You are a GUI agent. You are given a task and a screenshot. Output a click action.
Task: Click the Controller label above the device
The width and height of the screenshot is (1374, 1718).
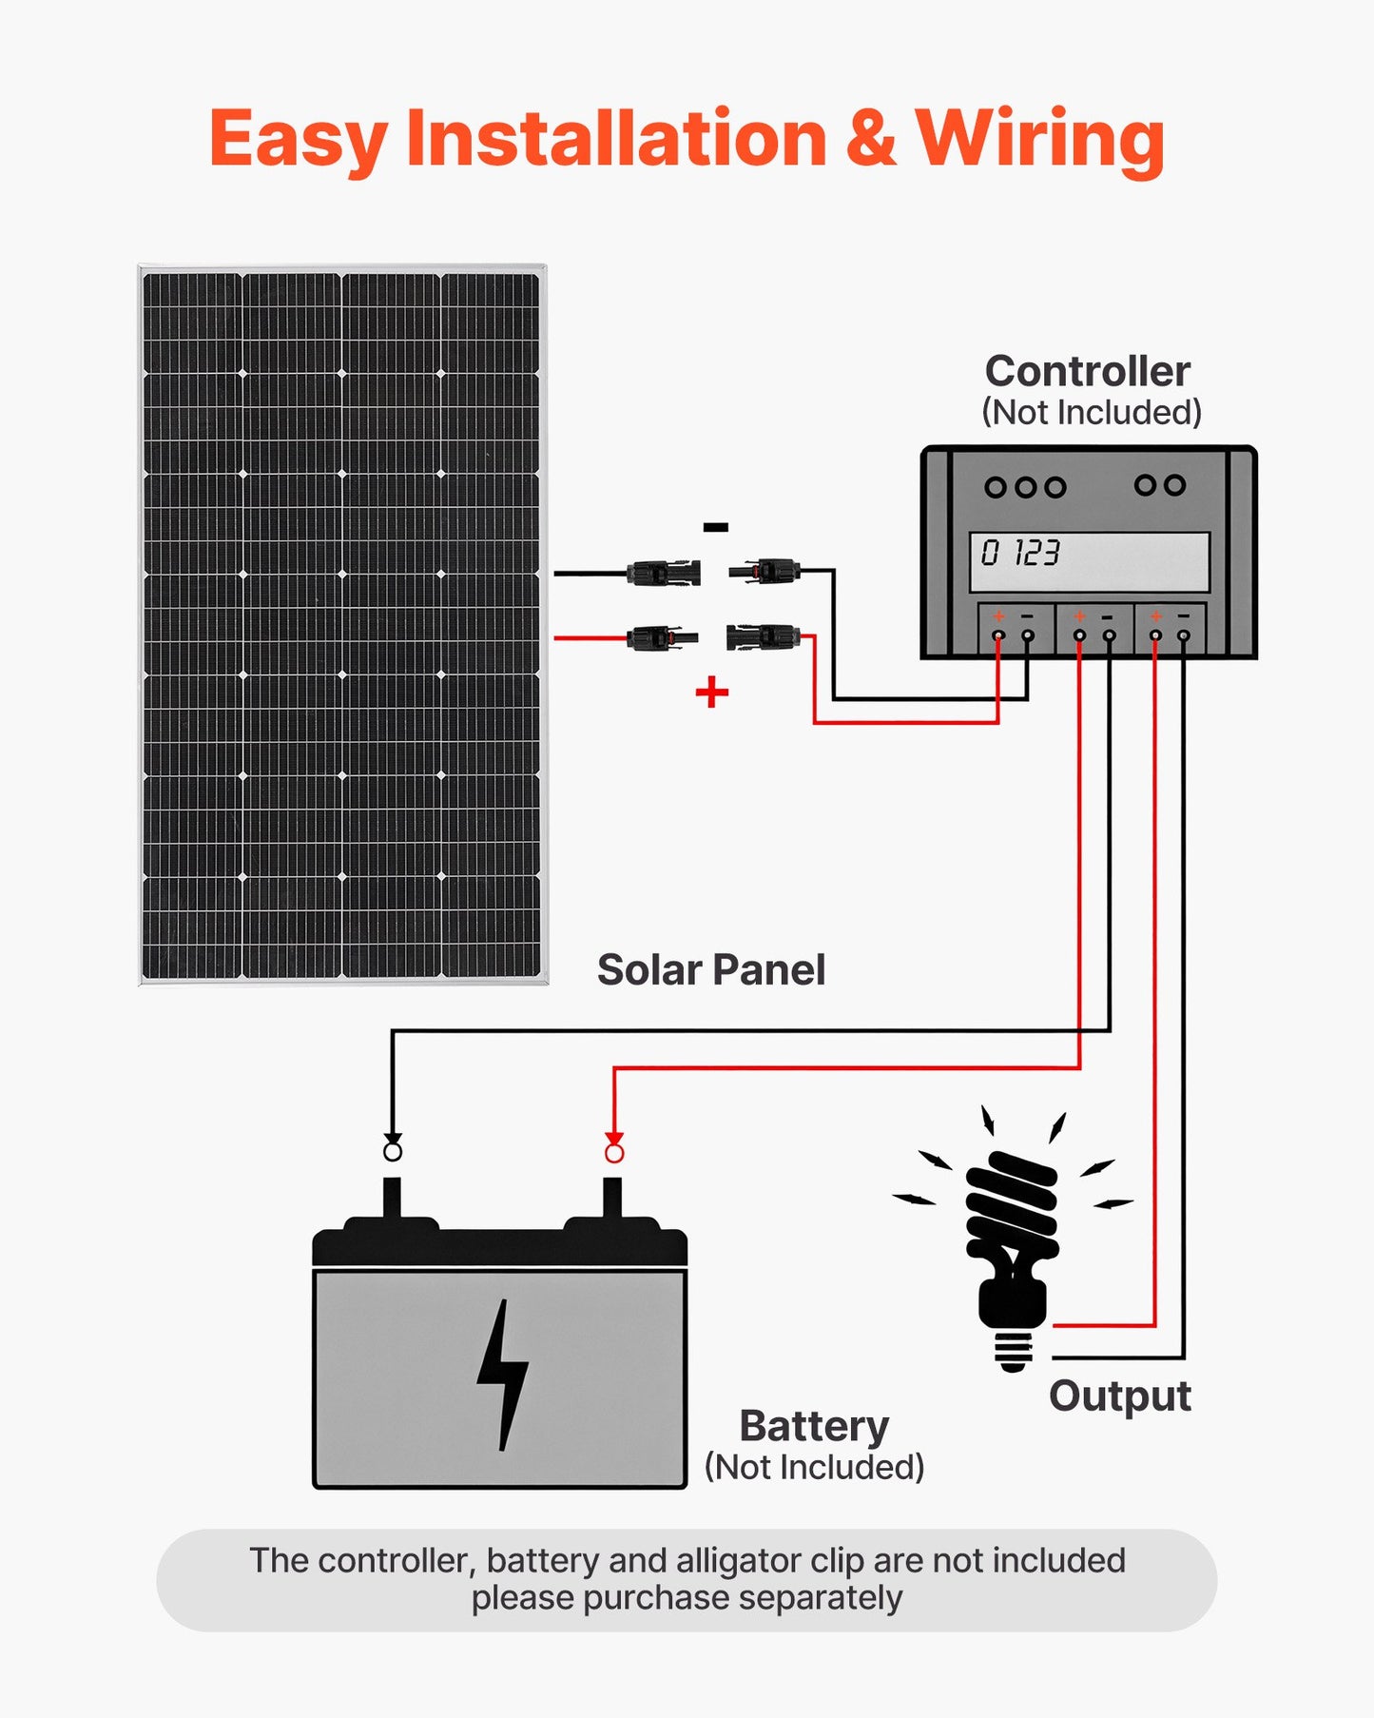(x=1087, y=371)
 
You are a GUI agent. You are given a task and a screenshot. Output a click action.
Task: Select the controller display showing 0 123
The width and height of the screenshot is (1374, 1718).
(x=1089, y=560)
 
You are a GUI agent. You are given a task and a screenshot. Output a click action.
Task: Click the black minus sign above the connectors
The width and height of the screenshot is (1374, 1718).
(x=715, y=527)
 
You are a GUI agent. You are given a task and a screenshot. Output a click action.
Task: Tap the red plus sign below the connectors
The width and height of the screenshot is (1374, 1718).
(x=711, y=692)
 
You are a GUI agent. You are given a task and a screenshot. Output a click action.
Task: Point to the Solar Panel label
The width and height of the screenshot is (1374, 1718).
(x=710, y=970)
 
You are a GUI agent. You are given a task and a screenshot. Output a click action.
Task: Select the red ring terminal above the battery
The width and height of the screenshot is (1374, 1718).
(x=614, y=1153)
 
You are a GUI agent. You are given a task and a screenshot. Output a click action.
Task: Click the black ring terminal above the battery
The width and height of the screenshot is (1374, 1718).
(x=393, y=1152)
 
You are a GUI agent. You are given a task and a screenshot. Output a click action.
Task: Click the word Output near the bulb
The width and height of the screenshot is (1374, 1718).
(x=1119, y=1396)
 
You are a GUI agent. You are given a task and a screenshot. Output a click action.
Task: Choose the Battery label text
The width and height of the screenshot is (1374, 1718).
(x=814, y=1426)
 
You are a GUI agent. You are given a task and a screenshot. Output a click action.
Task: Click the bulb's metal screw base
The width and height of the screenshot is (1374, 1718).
(x=1013, y=1349)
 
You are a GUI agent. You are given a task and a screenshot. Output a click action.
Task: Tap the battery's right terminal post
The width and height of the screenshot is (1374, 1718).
(x=612, y=1198)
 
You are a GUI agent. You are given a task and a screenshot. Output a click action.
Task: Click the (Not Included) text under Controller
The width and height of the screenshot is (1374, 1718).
(x=1091, y=413)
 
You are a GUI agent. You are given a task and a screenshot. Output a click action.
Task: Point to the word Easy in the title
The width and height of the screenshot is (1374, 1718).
(x=299, y=139)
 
